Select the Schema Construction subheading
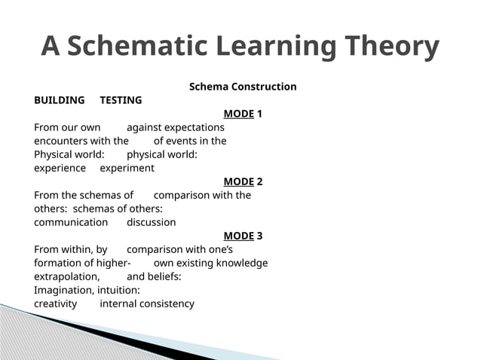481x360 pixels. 242,87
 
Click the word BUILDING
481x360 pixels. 60,100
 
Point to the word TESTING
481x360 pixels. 121,100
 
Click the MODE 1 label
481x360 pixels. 243,114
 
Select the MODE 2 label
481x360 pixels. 243,182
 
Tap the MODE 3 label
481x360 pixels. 243,236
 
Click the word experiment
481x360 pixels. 127,168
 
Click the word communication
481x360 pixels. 71,222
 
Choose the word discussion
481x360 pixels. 151,222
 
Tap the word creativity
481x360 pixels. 55,304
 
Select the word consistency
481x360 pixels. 167,304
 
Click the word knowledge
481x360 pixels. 240,263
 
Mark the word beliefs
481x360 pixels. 164,276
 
